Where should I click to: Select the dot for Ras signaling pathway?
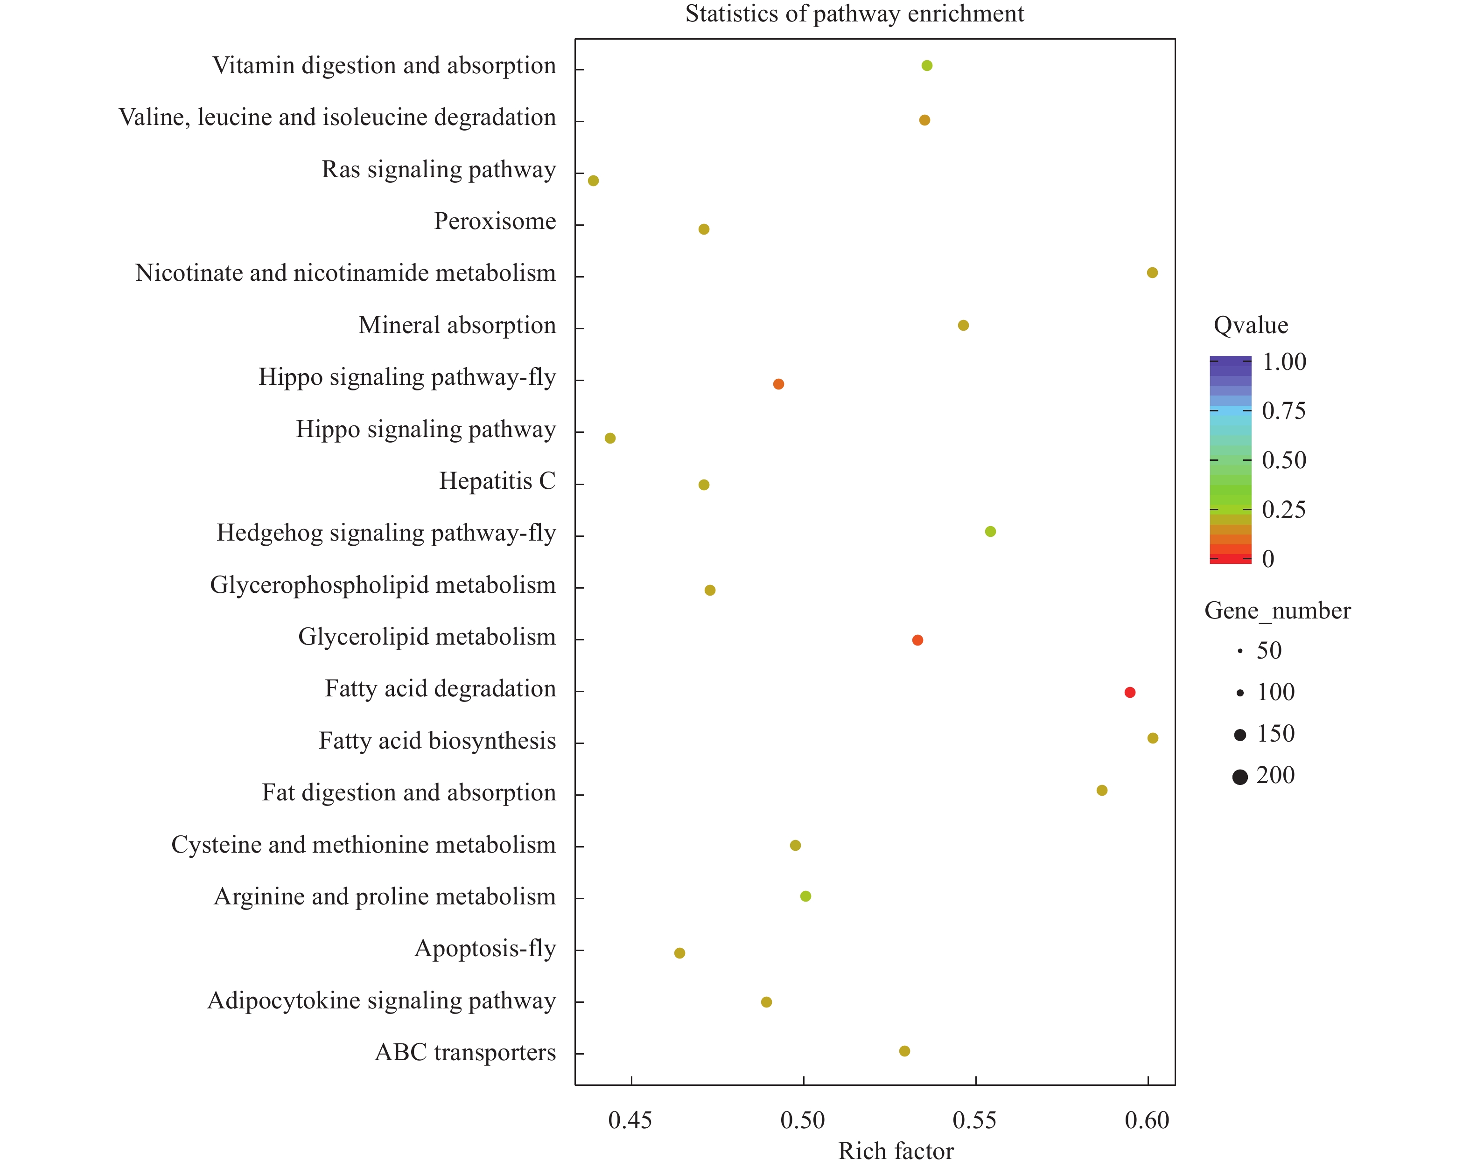point(593,181)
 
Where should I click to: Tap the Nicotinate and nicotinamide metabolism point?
point(1152,273)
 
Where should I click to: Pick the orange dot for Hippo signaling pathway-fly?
point(778,384)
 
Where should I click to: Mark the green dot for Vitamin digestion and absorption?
point(927,65)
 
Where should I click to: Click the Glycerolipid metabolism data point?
point(917,640)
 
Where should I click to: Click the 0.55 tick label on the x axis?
point(975,1120)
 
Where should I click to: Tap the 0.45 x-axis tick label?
point(630,1120)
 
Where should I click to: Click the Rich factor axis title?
point(895,1151)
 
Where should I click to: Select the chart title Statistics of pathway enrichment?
point(854,14)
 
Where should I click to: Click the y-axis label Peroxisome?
point(495,221)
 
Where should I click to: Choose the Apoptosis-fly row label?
point(485,948)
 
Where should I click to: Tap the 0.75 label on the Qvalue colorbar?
point(1283,410)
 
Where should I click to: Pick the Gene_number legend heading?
point(1277,610)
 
